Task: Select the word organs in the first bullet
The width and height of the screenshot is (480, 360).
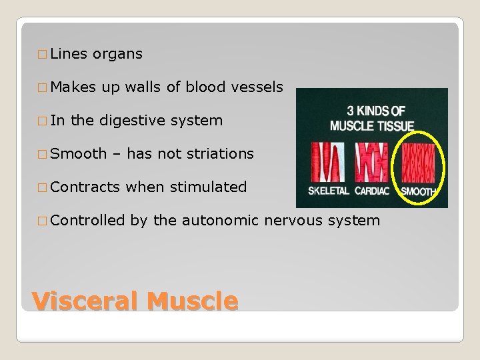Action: click(x=117, y=54)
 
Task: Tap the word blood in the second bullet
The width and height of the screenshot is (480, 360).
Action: click(x=205, y=87)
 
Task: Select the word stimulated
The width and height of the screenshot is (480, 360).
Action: click(x=208, y=187)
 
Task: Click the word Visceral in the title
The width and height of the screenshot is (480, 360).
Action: click(x=85, y=301)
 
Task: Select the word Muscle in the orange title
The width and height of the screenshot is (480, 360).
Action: click(x=192, y=301)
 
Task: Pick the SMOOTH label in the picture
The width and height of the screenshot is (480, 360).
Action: click(x=419, y=192)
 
